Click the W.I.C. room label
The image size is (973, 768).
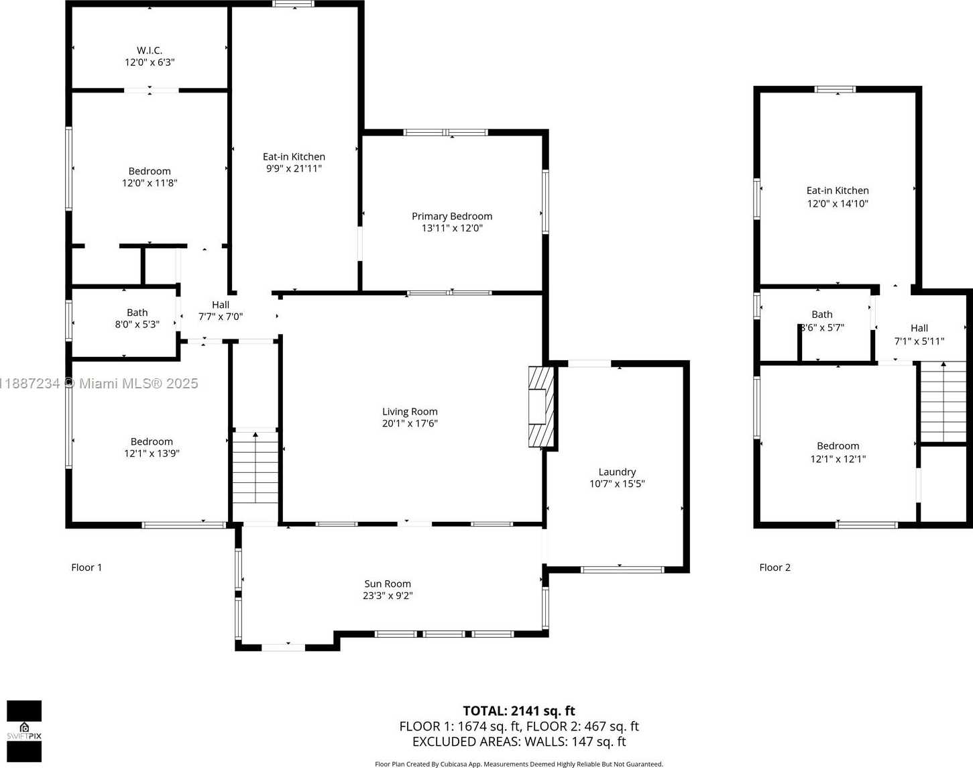coord(150,50)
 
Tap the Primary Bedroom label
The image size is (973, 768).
coord(452,216)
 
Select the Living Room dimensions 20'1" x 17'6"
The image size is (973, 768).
coord(410,423)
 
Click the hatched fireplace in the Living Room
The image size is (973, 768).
coord(541,406)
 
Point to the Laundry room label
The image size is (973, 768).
coord(617,472)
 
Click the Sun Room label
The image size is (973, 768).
coord(388,584)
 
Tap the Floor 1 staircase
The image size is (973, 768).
coord(255,468)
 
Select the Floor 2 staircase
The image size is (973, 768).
coord(943,402)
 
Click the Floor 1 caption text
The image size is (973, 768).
coord(87,567)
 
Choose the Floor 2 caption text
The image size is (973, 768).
coord(775,567)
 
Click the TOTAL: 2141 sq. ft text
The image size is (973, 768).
coord(519,711)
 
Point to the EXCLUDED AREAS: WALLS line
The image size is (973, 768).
coord(519,742)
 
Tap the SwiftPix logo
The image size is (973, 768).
coord(24,731)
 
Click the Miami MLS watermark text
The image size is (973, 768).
coord(99,384)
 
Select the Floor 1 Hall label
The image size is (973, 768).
coord(221,305)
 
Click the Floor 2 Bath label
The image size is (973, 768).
coord(822,315)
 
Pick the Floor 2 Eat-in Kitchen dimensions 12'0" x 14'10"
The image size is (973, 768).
coord(838,203)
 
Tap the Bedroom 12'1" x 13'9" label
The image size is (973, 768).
coord(152,447)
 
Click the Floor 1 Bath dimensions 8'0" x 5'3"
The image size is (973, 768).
coord(137,324)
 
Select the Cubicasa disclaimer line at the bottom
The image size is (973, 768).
coord(519,764)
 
